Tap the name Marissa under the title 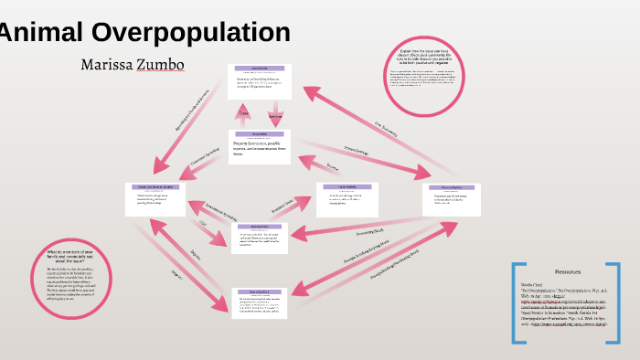[107, 65]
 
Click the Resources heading [568, 272]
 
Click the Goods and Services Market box [155, 199]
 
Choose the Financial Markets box [454, 199]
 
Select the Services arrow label [275, 116]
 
